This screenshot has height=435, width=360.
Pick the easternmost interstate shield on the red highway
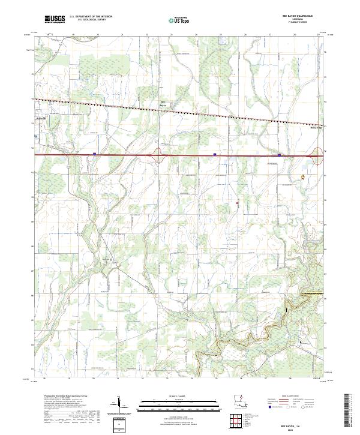click(280, 154)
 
